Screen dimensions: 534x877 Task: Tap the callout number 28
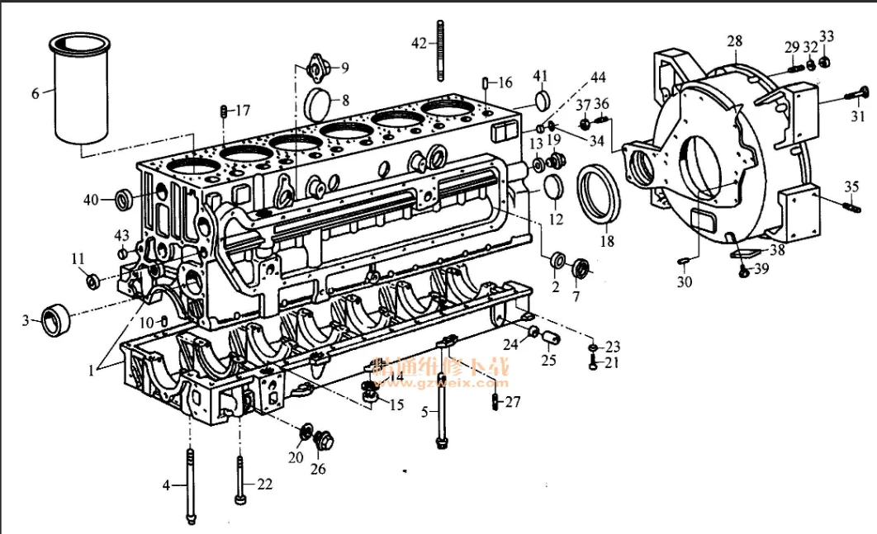(734, 41)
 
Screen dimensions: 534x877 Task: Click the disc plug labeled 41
(541, 100)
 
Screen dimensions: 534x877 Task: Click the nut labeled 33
(827, 60)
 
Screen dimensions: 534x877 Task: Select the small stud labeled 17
(222, 111)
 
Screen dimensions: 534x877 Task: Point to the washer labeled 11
(93, 281)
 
